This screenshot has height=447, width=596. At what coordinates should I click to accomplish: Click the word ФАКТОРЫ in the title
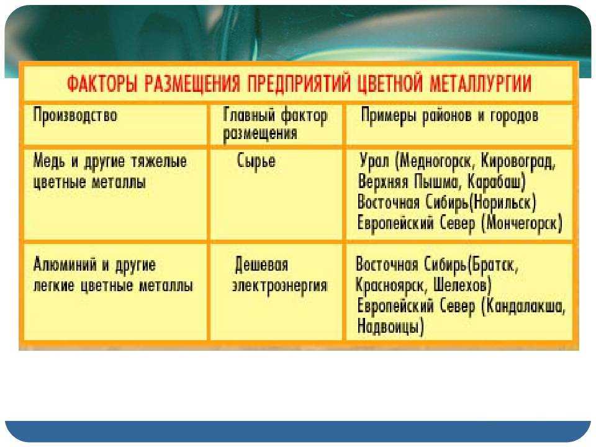coord(102,83)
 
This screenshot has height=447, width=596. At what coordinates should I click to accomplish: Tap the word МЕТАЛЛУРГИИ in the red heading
coord(480,83)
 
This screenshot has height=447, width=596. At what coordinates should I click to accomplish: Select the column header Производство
coord(75,115)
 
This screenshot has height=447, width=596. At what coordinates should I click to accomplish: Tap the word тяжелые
coord(159,162)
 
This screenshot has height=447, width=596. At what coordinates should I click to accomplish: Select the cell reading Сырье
coord(256,161)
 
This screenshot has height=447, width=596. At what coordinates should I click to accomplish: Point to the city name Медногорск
coord(436,162)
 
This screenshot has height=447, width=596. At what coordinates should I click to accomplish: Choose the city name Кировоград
coord(518,162)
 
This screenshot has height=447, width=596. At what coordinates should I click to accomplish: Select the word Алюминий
coord(65,265)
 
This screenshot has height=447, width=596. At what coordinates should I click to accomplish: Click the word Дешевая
coord(262,264)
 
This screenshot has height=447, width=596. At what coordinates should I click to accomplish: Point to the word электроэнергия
coord(280,286)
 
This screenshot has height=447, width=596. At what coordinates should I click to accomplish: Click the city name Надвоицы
coord(390,327)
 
